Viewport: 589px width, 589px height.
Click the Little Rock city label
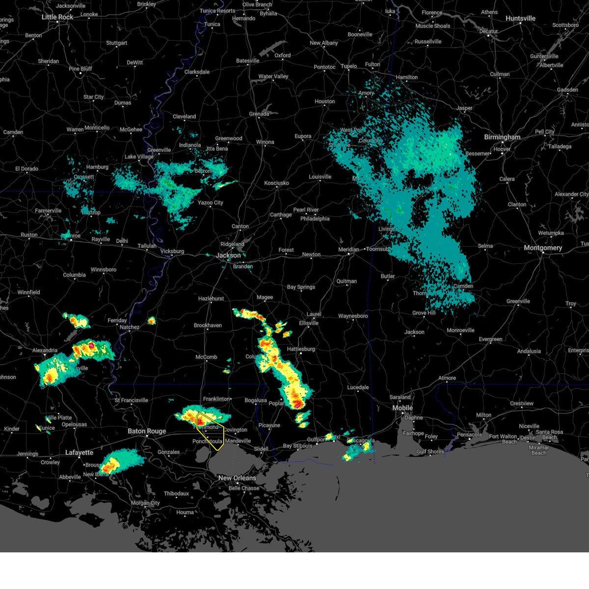click(57, 17)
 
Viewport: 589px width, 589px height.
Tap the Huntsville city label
click(520, 19)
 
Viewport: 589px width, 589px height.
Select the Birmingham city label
click(502, 137)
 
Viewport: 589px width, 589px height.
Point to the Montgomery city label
click(543, 248)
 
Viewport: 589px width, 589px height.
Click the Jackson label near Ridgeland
click(229, 255)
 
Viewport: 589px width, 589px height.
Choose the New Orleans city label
click(237, 478)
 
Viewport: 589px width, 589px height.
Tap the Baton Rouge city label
click(147, 431)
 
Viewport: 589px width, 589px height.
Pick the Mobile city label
click(402, 408)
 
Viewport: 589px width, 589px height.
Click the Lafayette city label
click(79, 453)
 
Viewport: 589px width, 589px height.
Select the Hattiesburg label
click(301, 349)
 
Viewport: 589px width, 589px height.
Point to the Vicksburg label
click(172, 251)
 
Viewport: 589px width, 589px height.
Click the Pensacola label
click(469, 435)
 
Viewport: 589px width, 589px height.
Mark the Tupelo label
click(348, 66)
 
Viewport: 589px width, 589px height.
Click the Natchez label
click(130, 327)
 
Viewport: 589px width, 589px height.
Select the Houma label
click(185, 512)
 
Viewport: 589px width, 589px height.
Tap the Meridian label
click(348, 250)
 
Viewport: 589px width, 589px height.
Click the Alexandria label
click(45, 350)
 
